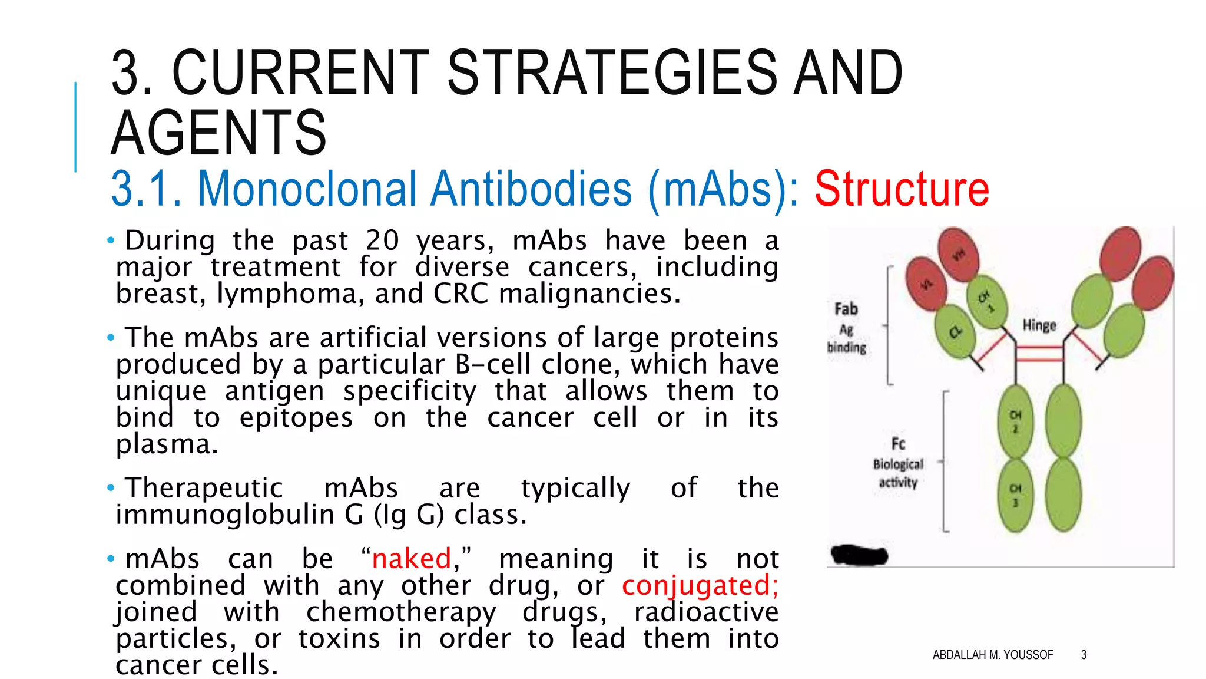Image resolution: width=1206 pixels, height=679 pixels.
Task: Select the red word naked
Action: click(412, 559)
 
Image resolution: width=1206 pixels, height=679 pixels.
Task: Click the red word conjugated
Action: click(700, 585)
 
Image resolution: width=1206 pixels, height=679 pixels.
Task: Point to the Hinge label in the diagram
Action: click(1039, 325)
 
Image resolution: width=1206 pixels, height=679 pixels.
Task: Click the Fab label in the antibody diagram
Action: click(846, 309)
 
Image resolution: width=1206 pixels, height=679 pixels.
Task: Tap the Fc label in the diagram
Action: click(898, 443)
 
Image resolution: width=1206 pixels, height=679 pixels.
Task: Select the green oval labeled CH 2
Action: click(1015, 421)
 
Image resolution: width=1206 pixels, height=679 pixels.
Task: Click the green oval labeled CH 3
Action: click(1015, 495)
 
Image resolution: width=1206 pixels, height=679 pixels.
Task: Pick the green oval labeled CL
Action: click(955, 332)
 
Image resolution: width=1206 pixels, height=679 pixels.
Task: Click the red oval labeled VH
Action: click(958, 254)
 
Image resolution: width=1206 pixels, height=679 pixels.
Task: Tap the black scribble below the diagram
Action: click(859, 555)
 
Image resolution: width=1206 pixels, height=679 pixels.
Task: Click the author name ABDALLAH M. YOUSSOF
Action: click(992, 655)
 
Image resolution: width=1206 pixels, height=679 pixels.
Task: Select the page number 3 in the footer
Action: click(1084, 655)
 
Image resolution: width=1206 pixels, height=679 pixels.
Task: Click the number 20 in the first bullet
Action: click(382, 240)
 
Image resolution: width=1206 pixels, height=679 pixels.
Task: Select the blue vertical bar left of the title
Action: click(75, 127)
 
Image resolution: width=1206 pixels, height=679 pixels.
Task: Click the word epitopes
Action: click(296, 417)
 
